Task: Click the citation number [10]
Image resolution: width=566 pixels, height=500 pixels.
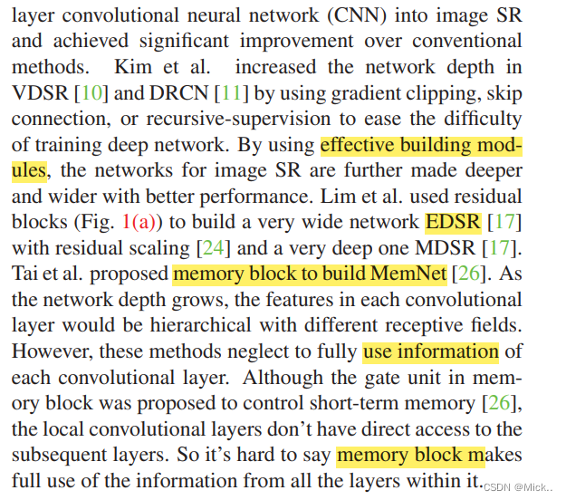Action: coord(91,93)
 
